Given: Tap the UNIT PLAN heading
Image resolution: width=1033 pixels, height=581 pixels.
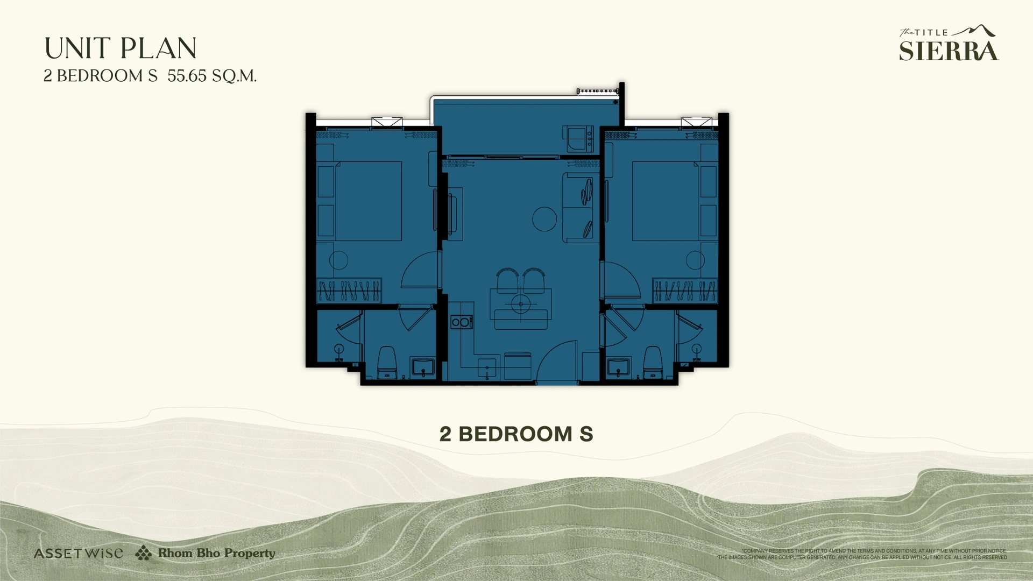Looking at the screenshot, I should (x=121, y=48).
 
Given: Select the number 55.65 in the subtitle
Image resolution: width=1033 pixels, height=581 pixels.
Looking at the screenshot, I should (x=187, y=76).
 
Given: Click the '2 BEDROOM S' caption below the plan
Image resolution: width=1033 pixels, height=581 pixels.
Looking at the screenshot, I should (x=516, y=434).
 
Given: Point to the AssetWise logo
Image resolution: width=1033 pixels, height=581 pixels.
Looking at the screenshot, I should (x=78, y=553).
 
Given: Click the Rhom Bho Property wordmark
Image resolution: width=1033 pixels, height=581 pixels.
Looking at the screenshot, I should (x=216, y=553).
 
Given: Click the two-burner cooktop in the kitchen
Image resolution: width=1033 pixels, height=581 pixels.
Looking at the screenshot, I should (x=461, y=322).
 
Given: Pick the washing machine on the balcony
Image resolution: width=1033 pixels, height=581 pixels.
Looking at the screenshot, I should (x=578, y=139).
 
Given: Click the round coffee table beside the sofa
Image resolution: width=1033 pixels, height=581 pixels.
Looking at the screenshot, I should (x=544, y=219).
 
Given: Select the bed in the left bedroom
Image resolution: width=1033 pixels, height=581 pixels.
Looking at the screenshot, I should (x=368, y=201).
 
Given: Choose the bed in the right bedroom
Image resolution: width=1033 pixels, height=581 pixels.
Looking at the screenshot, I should (x=666, y=201).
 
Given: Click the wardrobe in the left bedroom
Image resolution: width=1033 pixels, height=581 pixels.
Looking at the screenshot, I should (x=349, y=290).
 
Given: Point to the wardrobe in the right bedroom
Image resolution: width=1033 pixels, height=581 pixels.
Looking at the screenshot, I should (x=684, y=290).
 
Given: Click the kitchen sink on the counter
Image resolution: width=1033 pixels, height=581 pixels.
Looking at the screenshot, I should (x=487, y=368).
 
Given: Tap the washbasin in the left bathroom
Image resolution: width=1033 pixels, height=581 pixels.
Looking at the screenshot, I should (x=423, y=367).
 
